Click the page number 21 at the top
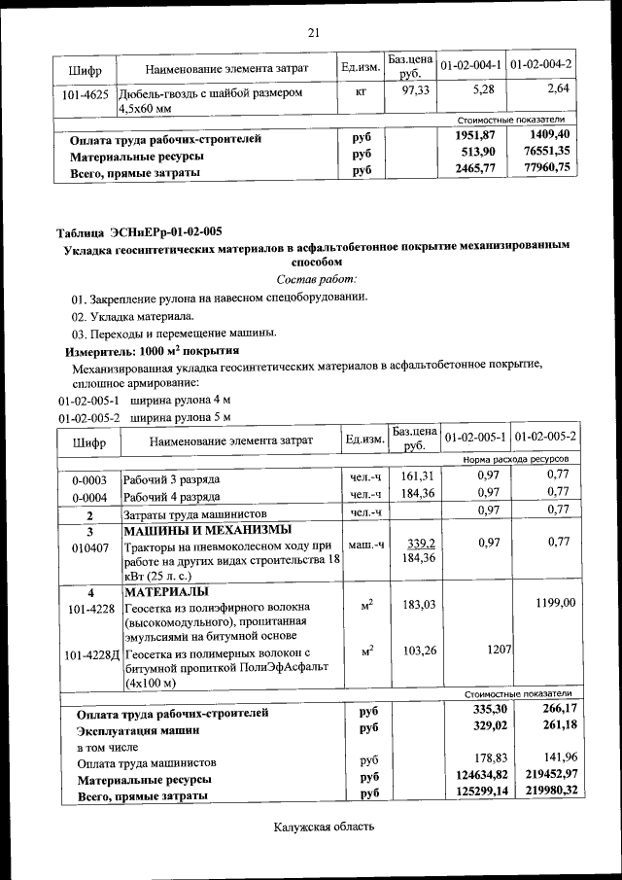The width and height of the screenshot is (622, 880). (x=313, y=33)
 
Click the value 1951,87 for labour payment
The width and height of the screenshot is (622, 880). (x=475, y=135)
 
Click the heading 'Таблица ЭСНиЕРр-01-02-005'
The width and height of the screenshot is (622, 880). (x=139, y=231)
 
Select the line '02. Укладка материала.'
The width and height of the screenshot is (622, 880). (x=132, y=316)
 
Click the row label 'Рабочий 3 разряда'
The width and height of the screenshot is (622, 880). (x=171, y=479)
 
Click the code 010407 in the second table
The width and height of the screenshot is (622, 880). (x=88, y=547)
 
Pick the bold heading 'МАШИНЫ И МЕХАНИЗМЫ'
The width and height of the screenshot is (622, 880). (x=207, y=531)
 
